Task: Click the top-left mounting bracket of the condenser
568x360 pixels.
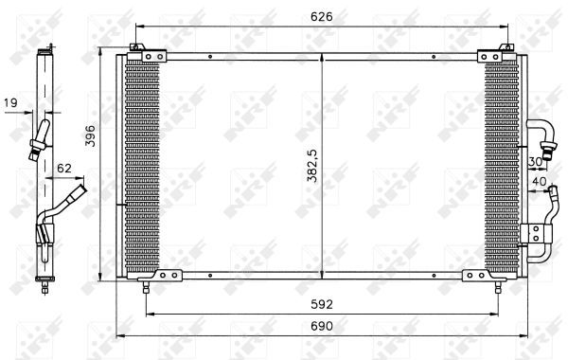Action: click(138, 48)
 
